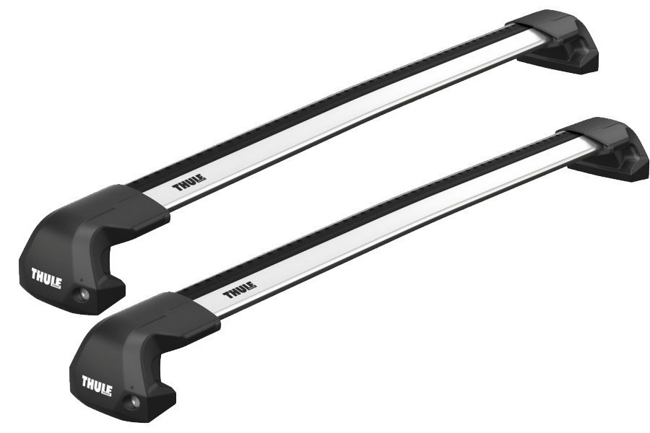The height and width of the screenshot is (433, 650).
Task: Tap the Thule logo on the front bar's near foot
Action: (x=97, y=382)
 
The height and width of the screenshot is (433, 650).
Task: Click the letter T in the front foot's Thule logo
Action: (x=86, y=380)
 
